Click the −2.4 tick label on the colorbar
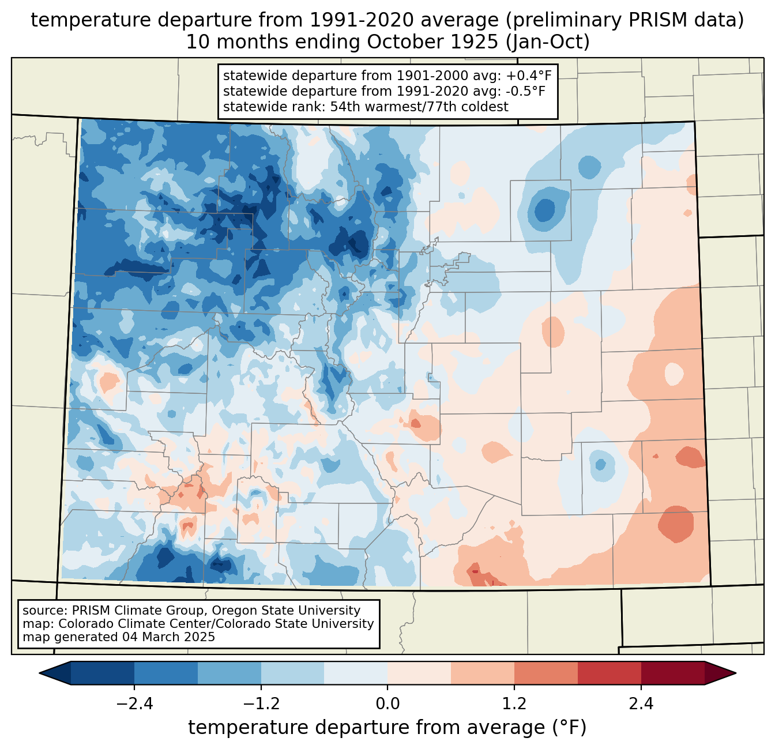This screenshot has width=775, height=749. click(x=134, y=704)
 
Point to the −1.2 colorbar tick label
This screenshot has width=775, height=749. click(x=261, y=704)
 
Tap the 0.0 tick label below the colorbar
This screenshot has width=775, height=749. click(x=387, y=704)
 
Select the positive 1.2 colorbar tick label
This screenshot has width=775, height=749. click(x=514, y=704)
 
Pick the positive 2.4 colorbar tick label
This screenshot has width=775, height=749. click(x=641, y=704)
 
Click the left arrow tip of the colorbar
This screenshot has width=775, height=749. click(x=40, y=673)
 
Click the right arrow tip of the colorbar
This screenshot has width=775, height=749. click(x=735, y=673)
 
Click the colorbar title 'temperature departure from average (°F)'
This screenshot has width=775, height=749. click(x=387, y=728)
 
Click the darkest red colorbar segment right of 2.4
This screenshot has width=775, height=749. click(x=672, y=673)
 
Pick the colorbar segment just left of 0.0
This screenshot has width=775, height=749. click(x=356, y=673)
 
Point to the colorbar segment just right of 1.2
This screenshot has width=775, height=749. click(x=545, y=673)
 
